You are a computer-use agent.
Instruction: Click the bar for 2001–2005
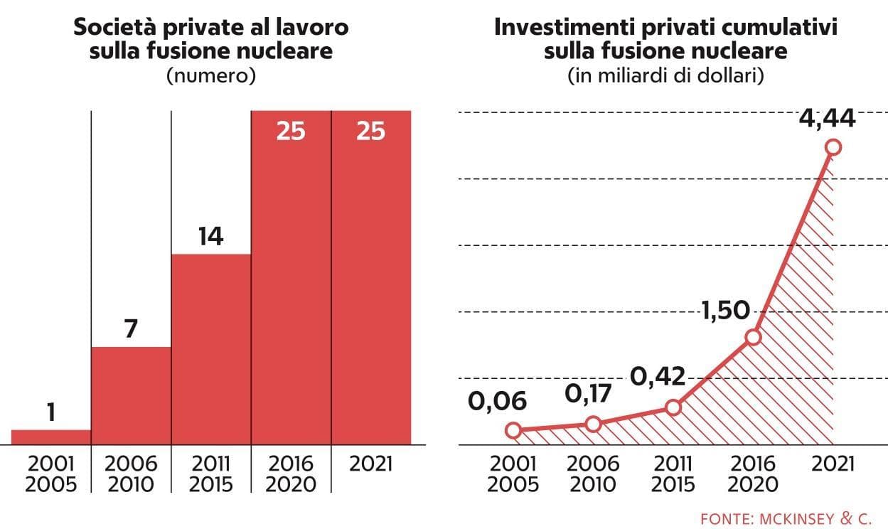pos(51,437)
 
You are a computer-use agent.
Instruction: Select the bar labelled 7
pos(132,396)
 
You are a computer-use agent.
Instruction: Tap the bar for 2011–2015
pos(211,349)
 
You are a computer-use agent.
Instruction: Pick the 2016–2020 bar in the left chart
pos(291,277)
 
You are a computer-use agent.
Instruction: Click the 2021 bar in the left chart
pos(371,277)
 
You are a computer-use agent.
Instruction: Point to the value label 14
pos(211,236)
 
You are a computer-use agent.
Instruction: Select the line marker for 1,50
pos(753,338)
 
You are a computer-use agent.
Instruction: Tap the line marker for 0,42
pos(673,407)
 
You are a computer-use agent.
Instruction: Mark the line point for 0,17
pos(593,424)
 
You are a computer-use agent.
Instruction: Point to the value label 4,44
pos(827,119)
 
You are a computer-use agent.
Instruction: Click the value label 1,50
pos(726,310)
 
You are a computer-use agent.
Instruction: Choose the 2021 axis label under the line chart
pos(833,464)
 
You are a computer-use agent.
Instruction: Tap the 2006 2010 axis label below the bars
pos(131,474)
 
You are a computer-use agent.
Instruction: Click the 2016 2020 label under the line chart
pos(753,474)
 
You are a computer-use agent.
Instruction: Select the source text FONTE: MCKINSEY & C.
pos(786,518)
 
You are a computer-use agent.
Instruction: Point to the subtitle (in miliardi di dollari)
pos(665,75)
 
